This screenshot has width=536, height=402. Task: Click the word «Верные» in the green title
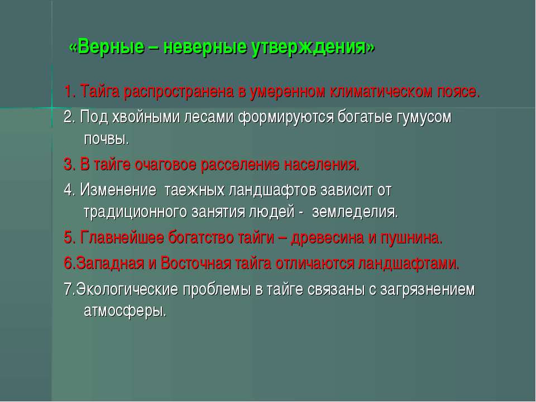111,46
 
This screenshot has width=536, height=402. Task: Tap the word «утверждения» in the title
309,47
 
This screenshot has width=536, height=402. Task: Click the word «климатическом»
381,92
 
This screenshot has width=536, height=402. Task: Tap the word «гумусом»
424,117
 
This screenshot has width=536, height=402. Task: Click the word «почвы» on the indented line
106,140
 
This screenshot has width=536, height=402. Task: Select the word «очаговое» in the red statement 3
165,165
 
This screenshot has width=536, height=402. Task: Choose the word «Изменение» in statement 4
118,190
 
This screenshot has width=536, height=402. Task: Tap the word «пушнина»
411,238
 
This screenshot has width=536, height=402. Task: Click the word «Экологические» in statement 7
127,289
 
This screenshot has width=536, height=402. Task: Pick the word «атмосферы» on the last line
125,311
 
